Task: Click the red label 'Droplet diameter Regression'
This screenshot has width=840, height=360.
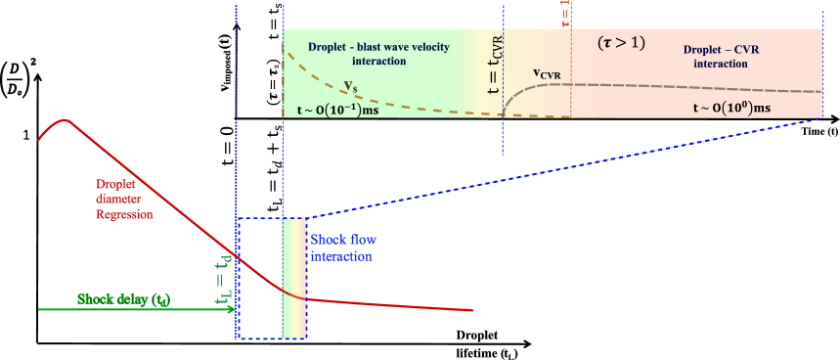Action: coord(124,199)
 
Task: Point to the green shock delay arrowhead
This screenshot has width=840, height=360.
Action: coord(231,309)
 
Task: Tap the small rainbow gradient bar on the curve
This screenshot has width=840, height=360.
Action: coord(294,278)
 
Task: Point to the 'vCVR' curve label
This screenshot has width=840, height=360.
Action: coord(548,73)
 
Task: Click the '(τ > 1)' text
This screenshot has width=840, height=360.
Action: coord(621,44)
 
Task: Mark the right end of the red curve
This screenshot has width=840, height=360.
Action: coord(472,311)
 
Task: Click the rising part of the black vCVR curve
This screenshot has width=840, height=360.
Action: coord(515,98)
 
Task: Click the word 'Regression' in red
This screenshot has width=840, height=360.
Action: coord(124,214)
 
